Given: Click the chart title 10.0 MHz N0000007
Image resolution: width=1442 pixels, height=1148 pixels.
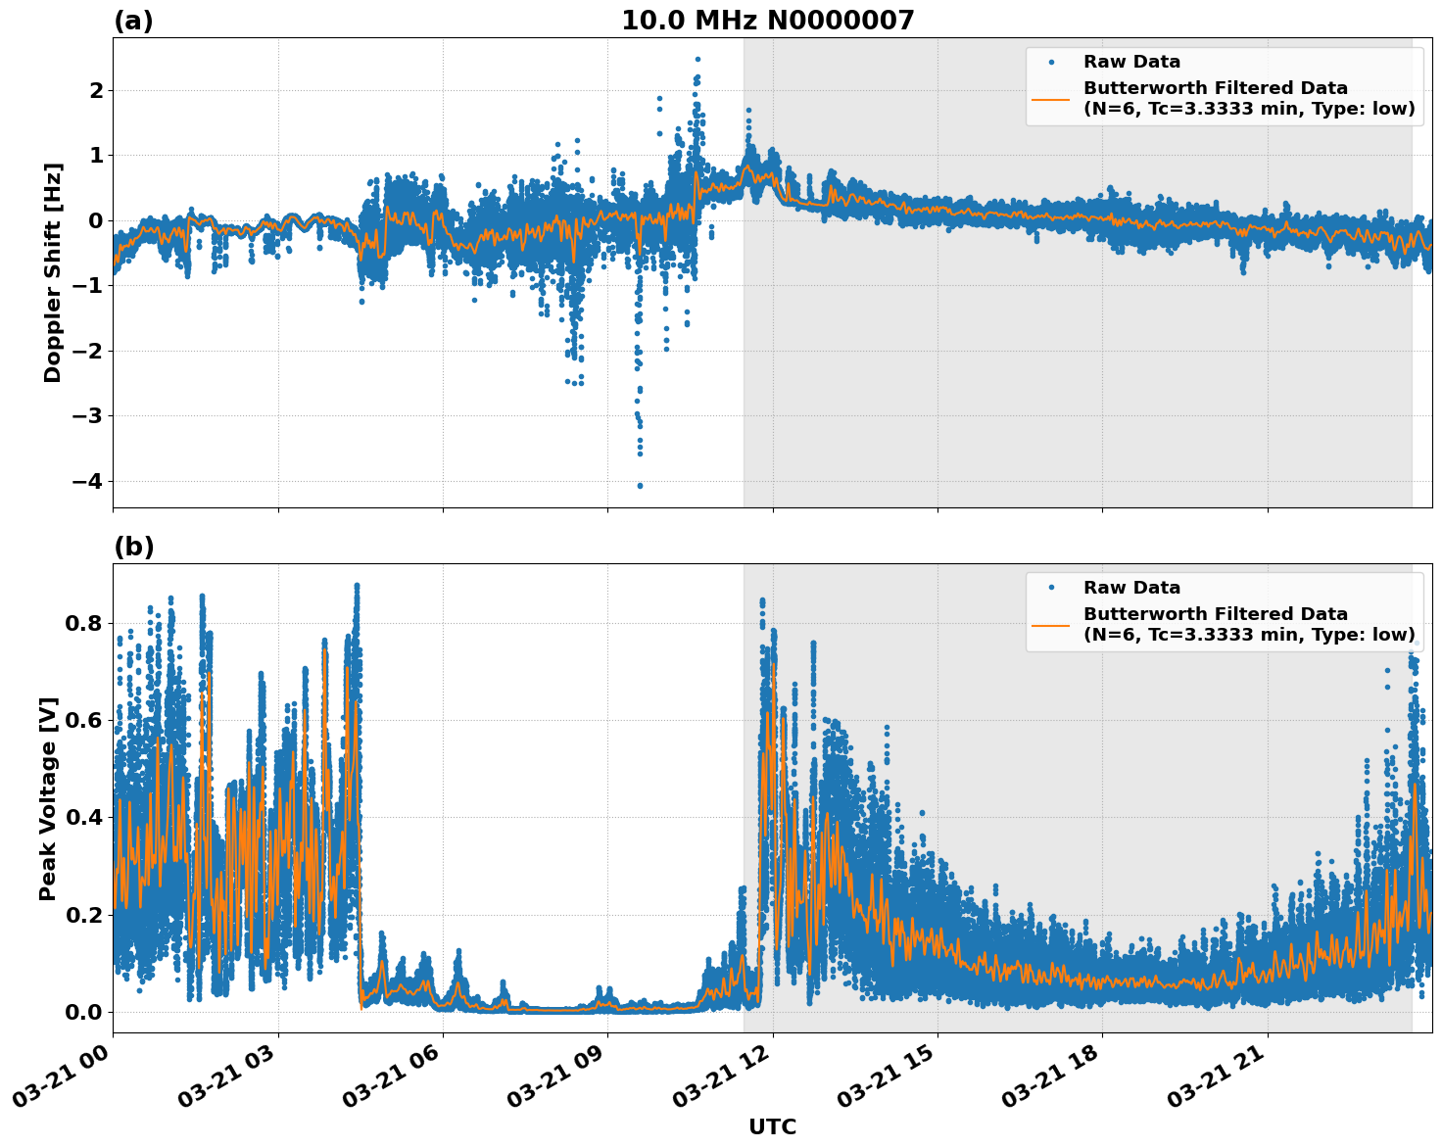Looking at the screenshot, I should click(x=767, y=21).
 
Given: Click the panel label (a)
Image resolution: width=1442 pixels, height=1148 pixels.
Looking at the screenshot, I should click(x=133, y=21).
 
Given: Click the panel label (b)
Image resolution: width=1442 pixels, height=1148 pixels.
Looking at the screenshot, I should click(x=133, y=547).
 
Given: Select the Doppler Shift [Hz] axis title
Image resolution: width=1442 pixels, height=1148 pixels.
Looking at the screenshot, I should click(x=53, y=272).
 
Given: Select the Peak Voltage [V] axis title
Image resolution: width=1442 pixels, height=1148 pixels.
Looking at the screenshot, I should click(x=48, y=798).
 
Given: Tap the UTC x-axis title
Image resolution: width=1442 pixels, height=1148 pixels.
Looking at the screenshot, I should click(x=772, y=1126).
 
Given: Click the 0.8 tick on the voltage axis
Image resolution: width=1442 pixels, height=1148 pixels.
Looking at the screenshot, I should click(x=84, y=623).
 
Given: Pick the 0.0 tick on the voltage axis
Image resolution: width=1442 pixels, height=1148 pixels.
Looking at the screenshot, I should click(x=84, y=1012).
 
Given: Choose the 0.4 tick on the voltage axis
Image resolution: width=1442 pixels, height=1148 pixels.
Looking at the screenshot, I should click(x=84, y=817).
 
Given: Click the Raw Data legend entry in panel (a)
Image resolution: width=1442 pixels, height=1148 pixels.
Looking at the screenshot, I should click(x=1131, y=63).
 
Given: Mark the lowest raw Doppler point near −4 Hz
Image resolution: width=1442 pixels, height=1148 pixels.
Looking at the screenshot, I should click(x=640, y=486).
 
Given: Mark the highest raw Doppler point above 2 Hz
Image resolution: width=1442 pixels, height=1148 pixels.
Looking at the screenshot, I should click(x=697, y=59).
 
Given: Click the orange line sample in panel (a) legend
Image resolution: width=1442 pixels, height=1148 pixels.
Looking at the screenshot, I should click(x=1051, y=98).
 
